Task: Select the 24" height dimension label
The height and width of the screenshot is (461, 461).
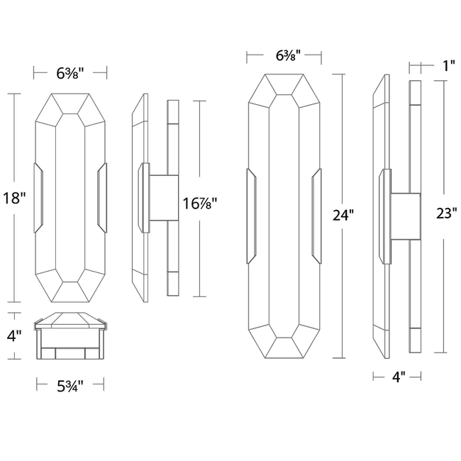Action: (343, 216)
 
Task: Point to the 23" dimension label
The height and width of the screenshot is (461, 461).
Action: (445, 215)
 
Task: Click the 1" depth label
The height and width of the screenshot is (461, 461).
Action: (448, 67)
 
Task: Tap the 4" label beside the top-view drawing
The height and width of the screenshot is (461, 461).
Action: (14, 335)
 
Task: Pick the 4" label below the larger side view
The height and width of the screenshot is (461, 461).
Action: (397, 377)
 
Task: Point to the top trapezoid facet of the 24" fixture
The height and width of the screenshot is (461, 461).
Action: (284, 84)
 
